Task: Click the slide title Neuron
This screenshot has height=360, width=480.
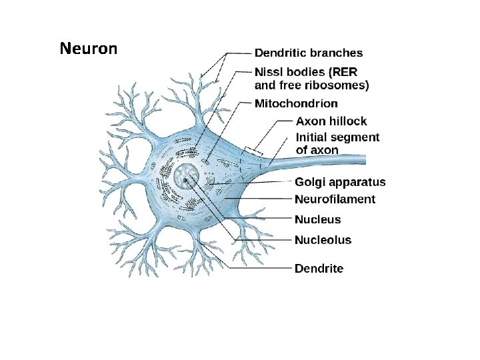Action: point(88,49)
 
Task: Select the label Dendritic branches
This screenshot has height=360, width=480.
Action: point(309,53)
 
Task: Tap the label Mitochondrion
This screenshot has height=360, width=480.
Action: point(296,103)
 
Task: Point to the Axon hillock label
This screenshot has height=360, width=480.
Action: point(331,121)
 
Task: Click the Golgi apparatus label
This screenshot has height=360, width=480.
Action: point(339,182)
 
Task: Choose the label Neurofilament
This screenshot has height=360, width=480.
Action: point(335,199)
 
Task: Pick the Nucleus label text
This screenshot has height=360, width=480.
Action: point(317,219)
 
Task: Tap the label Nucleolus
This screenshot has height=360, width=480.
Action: point(323,240)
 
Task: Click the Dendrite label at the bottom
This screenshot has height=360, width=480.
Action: point(319,269)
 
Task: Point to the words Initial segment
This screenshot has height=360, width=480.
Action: point(337,137)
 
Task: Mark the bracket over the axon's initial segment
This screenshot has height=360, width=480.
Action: point(253,152)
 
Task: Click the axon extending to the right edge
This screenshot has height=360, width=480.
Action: point(333,160)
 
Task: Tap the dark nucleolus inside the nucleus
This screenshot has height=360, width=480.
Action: point(184,179)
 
